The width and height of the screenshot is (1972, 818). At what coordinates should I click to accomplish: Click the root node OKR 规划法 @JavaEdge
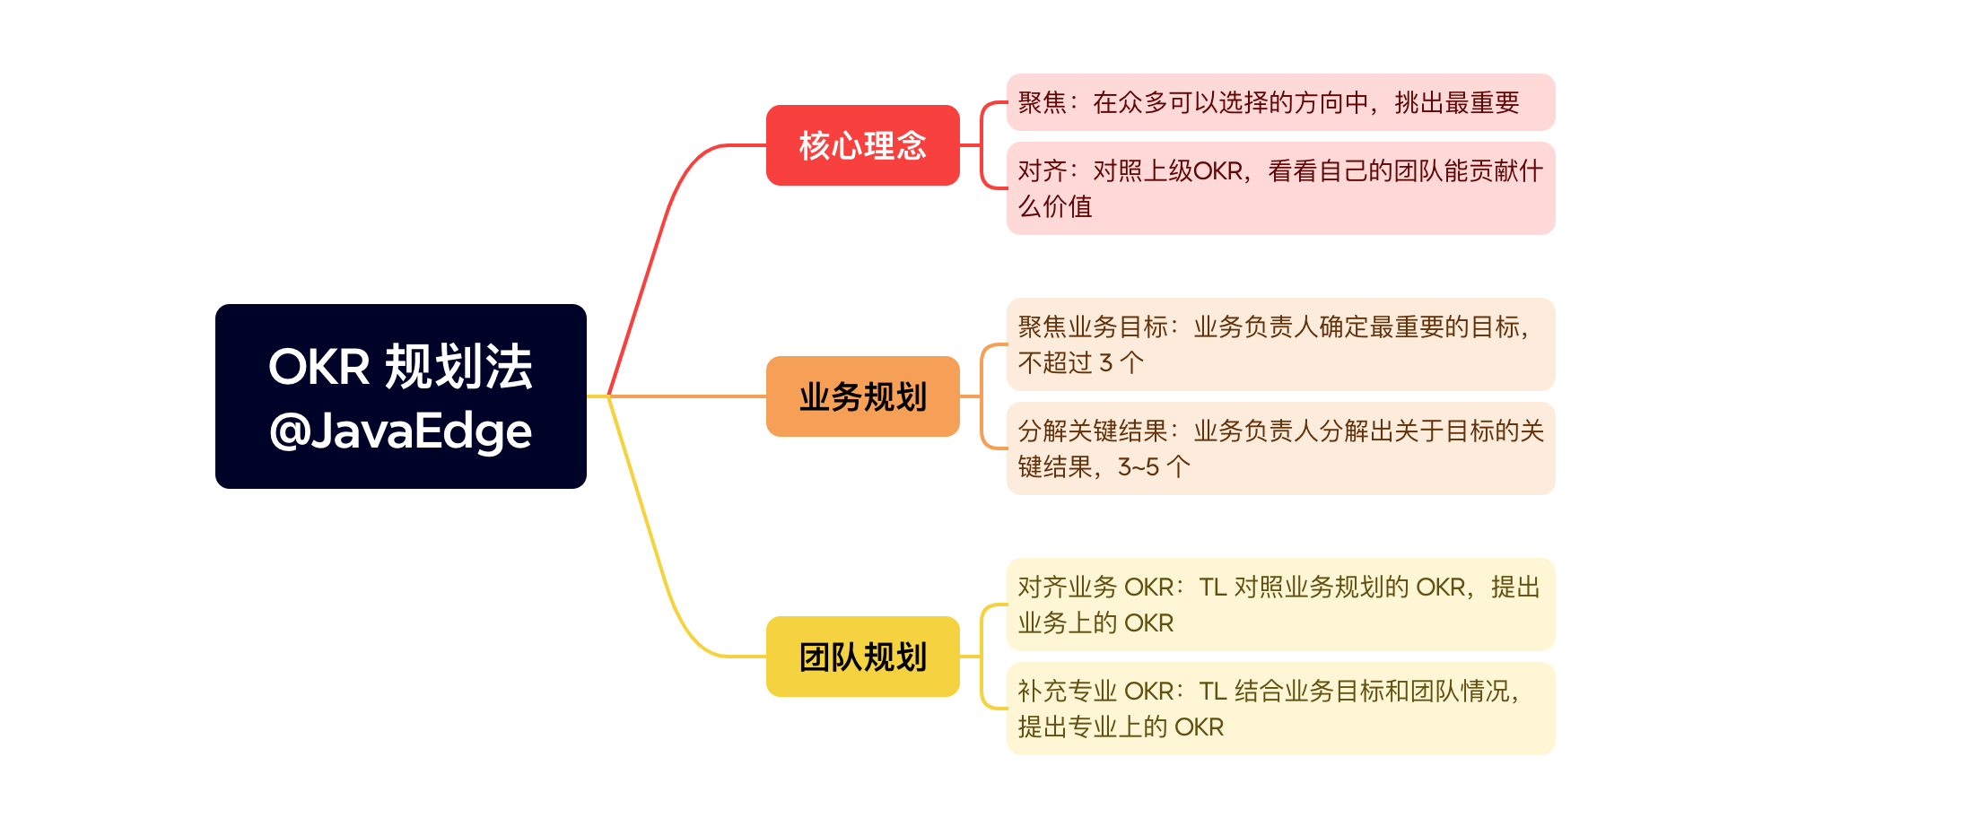(400, 396)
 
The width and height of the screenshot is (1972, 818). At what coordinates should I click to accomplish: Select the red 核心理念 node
(862, 145)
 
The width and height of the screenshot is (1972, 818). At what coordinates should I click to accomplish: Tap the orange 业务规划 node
(862, 396)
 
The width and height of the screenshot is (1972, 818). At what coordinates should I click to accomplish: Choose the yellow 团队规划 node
(862, 657)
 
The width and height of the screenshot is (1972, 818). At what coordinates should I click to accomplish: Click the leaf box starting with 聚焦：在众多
(1280, 102)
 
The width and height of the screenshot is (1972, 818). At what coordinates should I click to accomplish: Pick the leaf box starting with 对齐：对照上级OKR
(1280, 188)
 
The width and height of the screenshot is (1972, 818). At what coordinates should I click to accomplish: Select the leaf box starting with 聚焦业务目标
(1280, 344)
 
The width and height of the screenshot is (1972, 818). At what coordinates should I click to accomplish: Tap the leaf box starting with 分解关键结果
(1280, 448)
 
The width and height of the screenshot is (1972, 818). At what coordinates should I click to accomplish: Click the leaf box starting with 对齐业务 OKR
(1280, 605)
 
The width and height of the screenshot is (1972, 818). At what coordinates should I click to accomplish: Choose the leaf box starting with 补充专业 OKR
(1280, 709)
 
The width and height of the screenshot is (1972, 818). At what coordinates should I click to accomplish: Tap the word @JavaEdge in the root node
(400, 431)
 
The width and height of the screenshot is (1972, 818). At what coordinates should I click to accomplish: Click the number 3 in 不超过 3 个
(1105, 363)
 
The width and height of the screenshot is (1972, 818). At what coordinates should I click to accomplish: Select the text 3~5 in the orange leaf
(1139, 467)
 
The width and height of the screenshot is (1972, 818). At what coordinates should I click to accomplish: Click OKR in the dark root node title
(319, 367)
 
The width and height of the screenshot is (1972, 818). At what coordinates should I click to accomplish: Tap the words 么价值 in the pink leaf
(1055, 207)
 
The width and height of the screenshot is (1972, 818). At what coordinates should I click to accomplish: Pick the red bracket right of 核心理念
(982, 145)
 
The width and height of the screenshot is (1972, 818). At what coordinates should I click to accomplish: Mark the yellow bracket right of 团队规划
(982, 657)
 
